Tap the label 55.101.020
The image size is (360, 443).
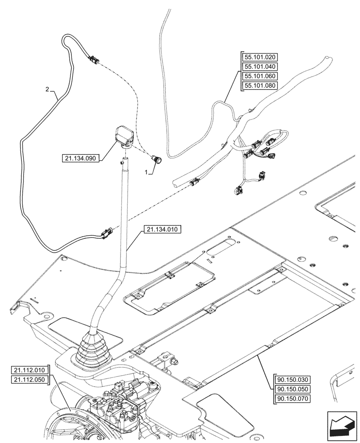259,57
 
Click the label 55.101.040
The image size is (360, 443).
259,66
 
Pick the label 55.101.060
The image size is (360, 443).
259,76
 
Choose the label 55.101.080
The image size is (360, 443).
259,85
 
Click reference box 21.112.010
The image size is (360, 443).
29,370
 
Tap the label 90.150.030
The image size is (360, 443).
293,380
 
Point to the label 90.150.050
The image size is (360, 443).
293,389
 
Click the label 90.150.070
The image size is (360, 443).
293,398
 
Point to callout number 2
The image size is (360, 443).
47,90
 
